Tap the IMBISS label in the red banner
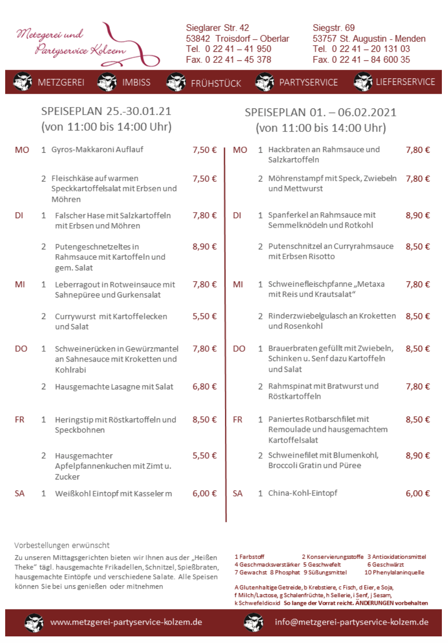(136, 82)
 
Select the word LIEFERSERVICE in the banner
(405, 82)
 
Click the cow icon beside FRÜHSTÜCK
(176, 82)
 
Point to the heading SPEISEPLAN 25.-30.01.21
(106, 112)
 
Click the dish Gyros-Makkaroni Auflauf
(97, 150)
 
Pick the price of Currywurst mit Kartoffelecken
(204, 316)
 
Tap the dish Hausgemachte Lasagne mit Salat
(114, 387)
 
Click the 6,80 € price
(204, 387)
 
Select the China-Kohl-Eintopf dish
(303, 493)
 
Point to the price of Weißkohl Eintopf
(204, 494)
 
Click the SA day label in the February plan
(238, 494)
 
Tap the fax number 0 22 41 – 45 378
(229, 60)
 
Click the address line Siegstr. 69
(333, 28)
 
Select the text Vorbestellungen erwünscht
(62, 545)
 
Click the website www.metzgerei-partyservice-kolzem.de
(126, 622)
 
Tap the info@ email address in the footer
(351, 622)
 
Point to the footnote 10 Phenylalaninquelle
(394, 573)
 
